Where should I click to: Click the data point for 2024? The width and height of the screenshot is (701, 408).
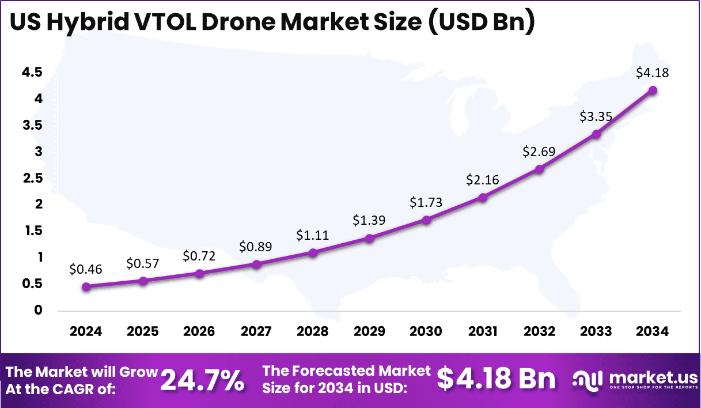(86, 286)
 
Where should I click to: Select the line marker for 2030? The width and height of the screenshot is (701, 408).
(426, 220)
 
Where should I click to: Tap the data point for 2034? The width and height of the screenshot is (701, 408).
(653, 90)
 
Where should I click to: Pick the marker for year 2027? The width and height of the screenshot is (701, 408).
(256, 264)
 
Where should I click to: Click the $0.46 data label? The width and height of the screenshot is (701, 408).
(86, 269)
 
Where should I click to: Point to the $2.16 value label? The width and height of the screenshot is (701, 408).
(483, 180)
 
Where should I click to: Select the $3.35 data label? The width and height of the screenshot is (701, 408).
(596, 116)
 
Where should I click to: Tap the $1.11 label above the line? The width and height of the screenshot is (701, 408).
(313, 235)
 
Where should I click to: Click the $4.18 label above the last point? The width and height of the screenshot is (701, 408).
(652, 73)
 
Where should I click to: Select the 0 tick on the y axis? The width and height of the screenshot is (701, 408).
(38, 310)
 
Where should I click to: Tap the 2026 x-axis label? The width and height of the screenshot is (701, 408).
(199, 331)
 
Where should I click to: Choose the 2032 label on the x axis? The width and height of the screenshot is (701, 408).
(539, 331)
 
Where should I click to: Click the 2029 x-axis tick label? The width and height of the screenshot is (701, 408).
(369, 331)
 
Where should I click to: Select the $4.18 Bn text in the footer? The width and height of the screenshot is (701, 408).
(496, 379)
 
